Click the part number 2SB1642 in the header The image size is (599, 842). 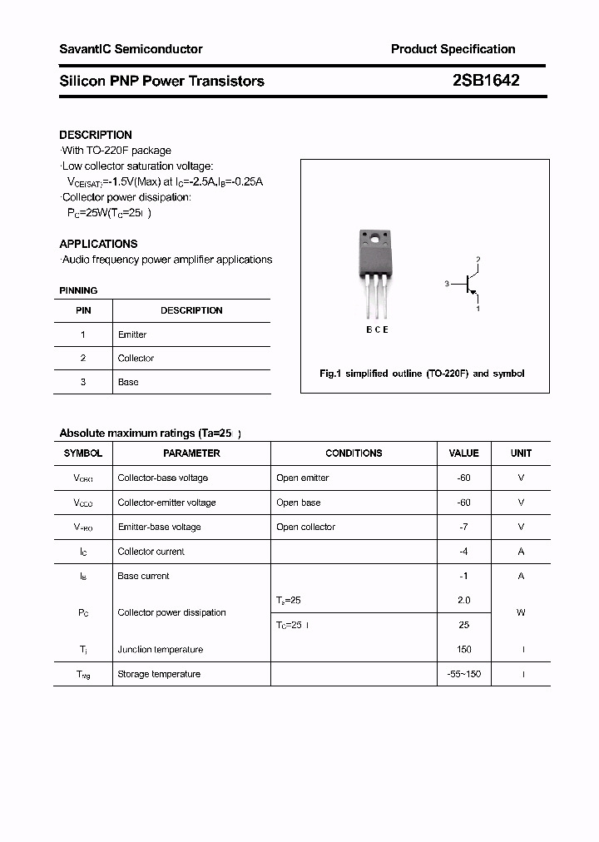pos(485,81)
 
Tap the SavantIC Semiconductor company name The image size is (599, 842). pos(131,49)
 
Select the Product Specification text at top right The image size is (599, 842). pos(453,49)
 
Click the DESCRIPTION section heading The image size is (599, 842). pos(96,135)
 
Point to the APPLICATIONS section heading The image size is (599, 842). pos(98,244)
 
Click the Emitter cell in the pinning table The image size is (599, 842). pos(132,334)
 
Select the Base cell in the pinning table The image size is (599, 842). pos(128,382)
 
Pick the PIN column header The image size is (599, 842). pos(83,310)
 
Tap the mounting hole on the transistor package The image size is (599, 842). pos(375,240)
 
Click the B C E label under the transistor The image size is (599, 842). pos(377,329)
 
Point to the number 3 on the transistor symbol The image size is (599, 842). pos(447,285)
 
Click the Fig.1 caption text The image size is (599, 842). pos(422,374)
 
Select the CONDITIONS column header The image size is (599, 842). pos(354,453)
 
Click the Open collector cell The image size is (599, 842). pos(305,527)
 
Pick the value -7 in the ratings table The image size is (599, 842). pos(463,527)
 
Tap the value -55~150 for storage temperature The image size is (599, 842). pos(463,674)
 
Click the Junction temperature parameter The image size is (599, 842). pos(160,650)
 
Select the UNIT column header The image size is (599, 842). pos(521,453)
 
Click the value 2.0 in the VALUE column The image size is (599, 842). pos(463,600)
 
